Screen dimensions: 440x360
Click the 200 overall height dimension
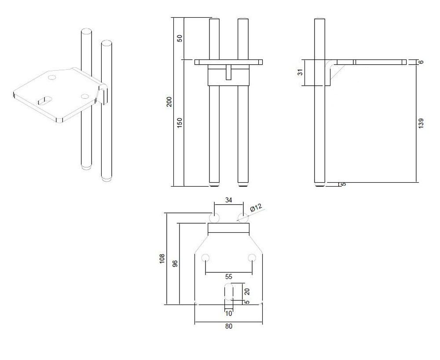coord(169,102)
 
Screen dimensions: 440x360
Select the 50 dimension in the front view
coord(180,38)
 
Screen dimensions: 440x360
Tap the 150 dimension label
coord(180,123)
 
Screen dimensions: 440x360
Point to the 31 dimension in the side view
coord(301,72)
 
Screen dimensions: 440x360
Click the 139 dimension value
coord(421,124)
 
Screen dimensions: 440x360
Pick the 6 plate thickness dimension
coord(421,62)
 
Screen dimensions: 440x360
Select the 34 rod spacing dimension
coord(229,200)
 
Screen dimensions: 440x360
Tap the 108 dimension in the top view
coord(162,258)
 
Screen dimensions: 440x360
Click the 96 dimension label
coord(175,264)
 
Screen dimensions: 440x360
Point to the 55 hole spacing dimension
coord(229,277)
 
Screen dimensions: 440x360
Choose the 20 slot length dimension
coord(247,291)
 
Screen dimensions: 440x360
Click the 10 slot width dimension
coord(229,313)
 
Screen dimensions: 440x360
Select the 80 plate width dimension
coord(229,326)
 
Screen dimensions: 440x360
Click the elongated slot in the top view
coord(229,292)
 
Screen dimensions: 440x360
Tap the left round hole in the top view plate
coord(205,258)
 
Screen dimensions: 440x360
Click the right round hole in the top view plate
coord(252,258)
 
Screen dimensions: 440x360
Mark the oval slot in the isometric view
coord(44,100)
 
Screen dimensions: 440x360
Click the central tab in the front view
coord(229,72)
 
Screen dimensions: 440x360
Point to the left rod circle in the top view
coord(214,217)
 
